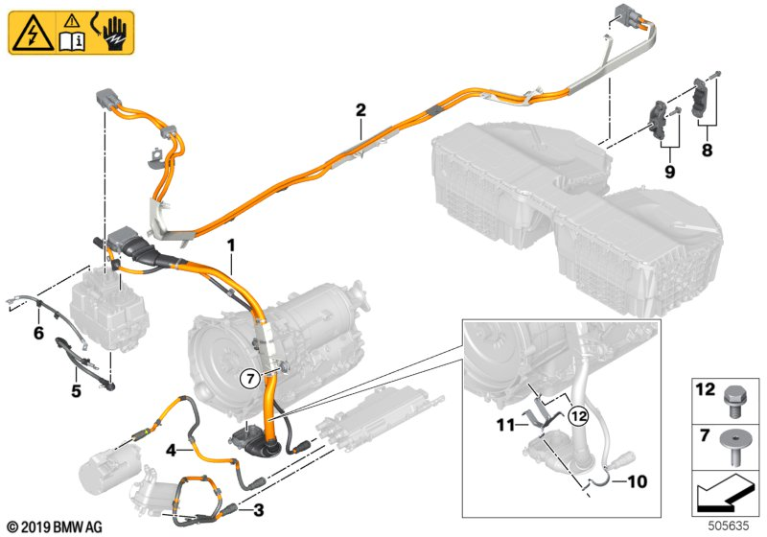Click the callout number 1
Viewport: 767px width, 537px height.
[x=230, y=246]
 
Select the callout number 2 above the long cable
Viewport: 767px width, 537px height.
[x=360, y=110]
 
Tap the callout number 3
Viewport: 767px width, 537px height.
[x=257, y=510]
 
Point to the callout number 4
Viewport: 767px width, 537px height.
[x=170, y=448]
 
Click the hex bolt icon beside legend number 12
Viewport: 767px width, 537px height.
[x=732, y=396]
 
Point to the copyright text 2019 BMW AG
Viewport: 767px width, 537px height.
[x=56, y=526]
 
